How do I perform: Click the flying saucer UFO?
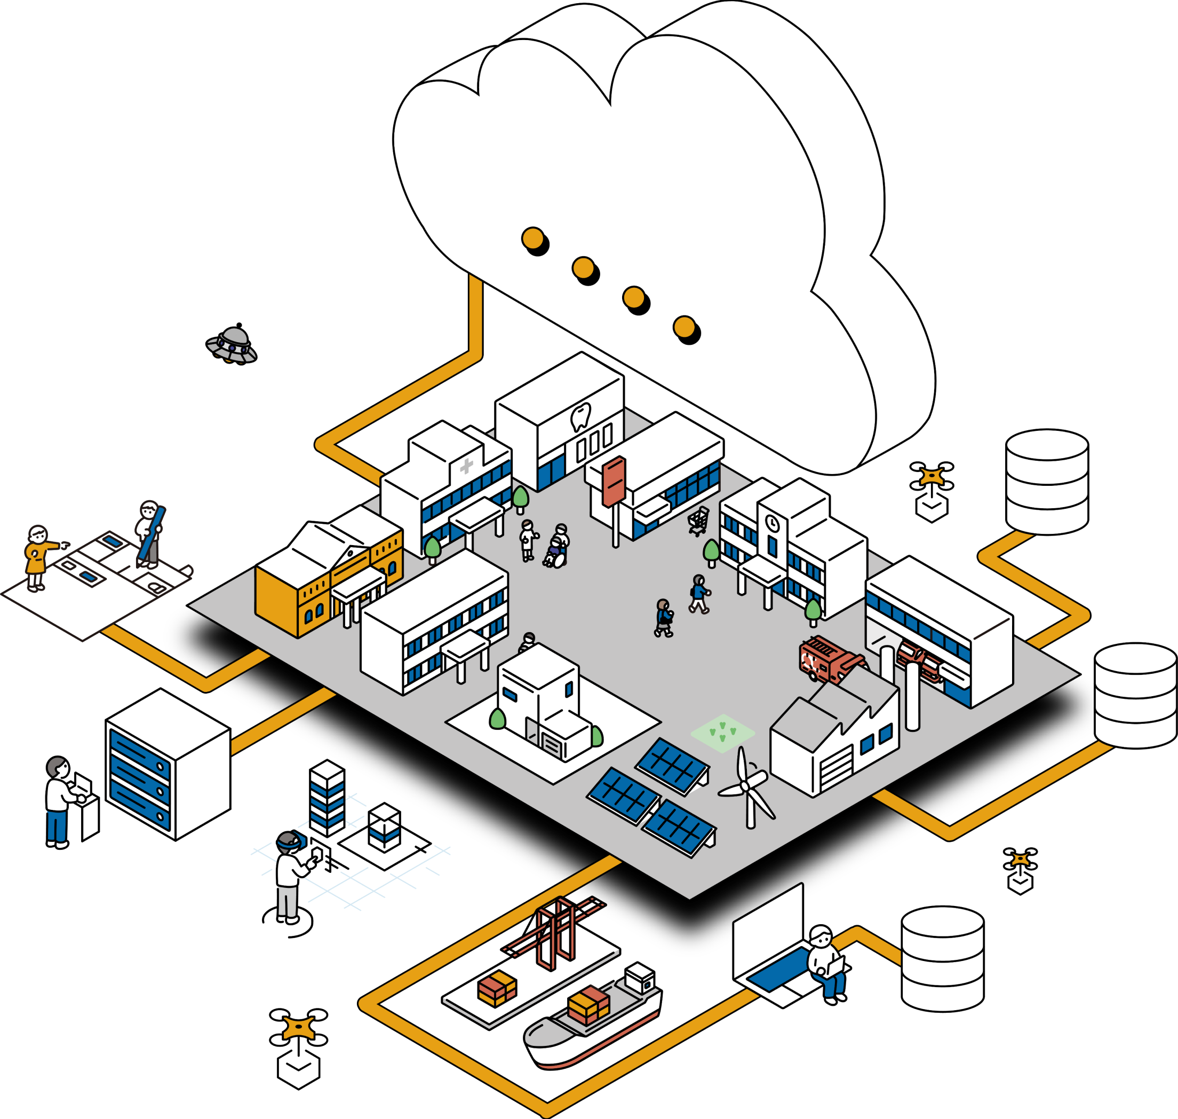(x=232, y=345)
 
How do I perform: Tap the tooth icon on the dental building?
(x=579, y=416)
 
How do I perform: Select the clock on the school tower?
(x=772, y=523)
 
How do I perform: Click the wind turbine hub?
(x=745, y=787)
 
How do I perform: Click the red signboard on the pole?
(x=614, y=481)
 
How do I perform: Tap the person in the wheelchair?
(x=555, y=553)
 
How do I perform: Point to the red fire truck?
(x=829, y=659)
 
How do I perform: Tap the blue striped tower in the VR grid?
(x=327, y=798)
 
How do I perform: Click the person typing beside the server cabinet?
(x=61, y=800)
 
